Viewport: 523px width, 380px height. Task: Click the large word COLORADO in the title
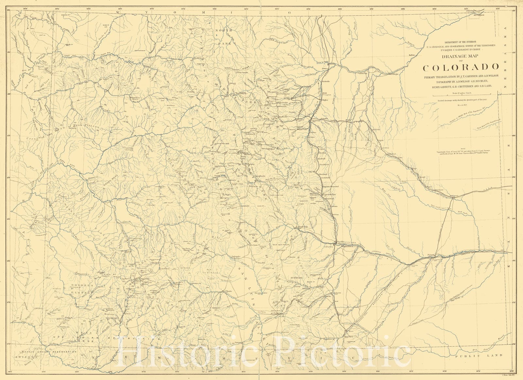pyautogui.click(x=461, y=67)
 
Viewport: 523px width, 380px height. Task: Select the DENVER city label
pyautogui.click(x=316, y=120)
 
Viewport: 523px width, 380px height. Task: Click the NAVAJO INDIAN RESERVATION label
pyautogui.click(x=48, y=352)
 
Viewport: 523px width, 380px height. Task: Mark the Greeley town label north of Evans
pyautogui.click(x=332, y=64)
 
